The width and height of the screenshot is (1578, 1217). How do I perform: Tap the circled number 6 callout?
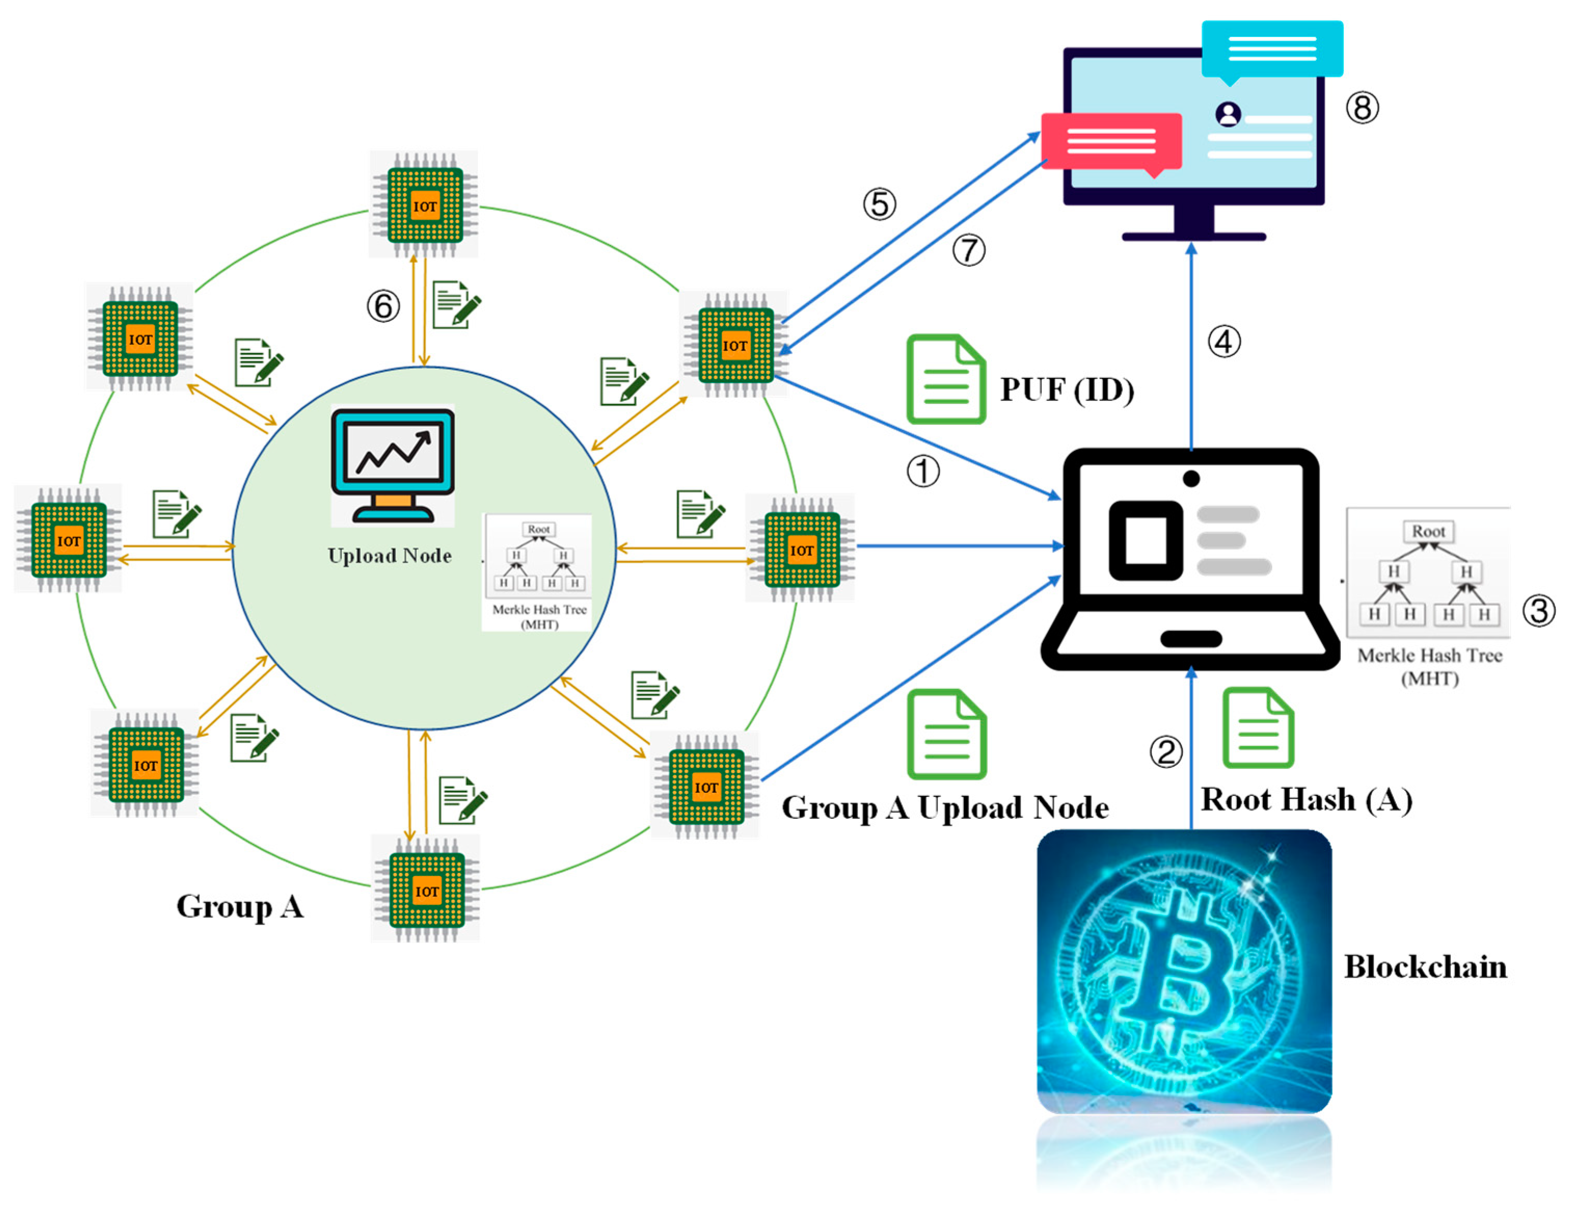point(383,306)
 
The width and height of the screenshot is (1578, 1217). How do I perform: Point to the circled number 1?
point(923,472)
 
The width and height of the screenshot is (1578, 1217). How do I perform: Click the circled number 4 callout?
point(1224,342)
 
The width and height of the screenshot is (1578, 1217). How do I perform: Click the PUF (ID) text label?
point(1067,390)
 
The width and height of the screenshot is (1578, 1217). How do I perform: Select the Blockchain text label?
point(1425,967)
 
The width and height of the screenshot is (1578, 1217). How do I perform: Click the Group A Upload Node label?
point(945,808)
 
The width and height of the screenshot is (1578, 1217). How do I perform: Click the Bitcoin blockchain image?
point(1183,972)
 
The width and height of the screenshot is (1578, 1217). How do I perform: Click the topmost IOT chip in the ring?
point(424,205)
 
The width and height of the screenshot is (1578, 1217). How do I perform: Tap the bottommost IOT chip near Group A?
point(426,890)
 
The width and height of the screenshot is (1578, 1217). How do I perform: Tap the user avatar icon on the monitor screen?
point(1228,114)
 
